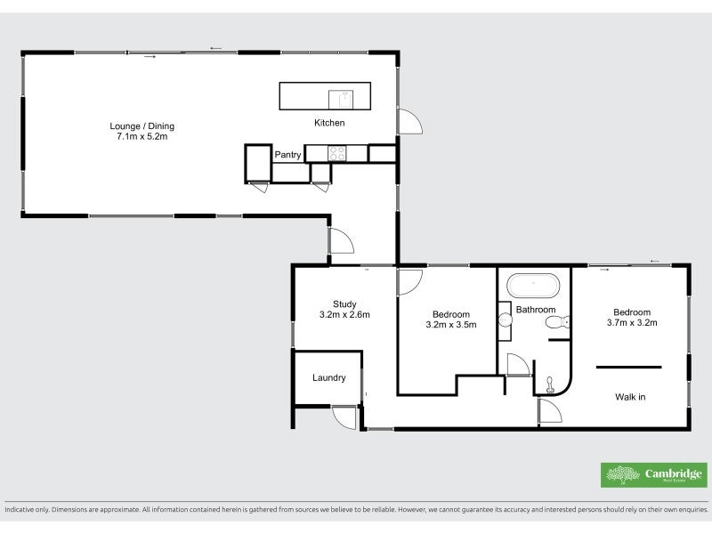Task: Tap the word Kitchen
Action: pos(328,123)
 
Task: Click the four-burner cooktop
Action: pos(336,153)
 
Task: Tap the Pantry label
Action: pos(287,155)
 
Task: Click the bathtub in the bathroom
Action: pos(533,287)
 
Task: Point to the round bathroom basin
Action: pos(504,320)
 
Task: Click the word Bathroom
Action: pos(536,310)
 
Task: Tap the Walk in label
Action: pos(630,397)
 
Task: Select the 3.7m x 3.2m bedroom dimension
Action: pos(631,323)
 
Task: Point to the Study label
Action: pos(344,303)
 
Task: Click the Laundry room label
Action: pos(328,378)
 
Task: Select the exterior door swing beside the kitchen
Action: pos(410,122)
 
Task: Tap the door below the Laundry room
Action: pos(344,417)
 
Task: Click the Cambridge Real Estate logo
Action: pos(654,474)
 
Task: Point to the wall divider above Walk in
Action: pos(628,366)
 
